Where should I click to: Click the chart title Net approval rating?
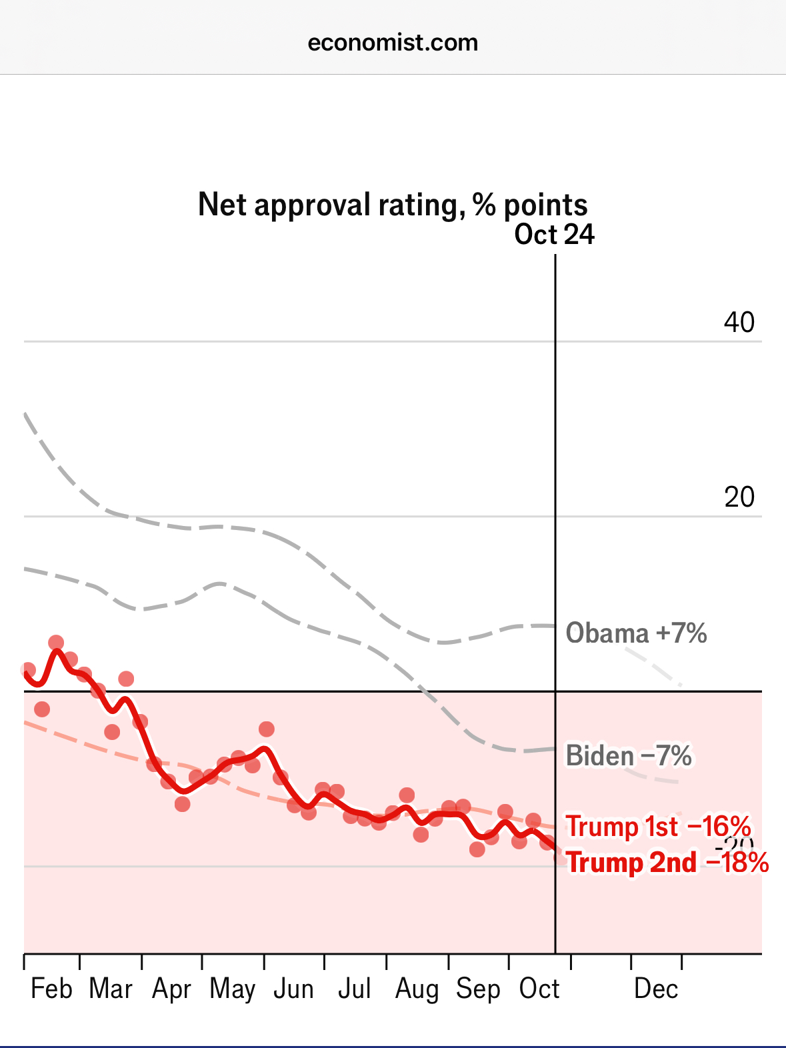click(393, 205)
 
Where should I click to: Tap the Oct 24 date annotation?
click(554, 235)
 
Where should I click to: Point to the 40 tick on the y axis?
click(739, 323)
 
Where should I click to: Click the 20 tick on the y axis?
click(739, 497)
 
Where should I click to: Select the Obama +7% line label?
click(636, 633)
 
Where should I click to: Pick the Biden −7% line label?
click(629, 756)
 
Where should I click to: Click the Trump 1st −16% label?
click(659, 827)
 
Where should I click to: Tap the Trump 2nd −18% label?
click(667, 863)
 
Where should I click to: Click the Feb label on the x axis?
click(51, 989)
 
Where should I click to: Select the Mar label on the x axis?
click(111, 989)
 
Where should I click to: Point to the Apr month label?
click(171, 989)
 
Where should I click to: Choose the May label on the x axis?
click(233, 989)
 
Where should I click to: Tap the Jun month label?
click(293, 989)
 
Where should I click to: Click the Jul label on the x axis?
click(354, 989)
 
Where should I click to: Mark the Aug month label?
click(417, 989)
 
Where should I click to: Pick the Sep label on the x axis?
click(478, 989)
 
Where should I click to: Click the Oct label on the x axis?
click(539, 989)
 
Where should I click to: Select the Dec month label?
click(656, 989)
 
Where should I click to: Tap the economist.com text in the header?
click(393, 43)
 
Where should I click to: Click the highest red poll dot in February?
click(56, 643)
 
